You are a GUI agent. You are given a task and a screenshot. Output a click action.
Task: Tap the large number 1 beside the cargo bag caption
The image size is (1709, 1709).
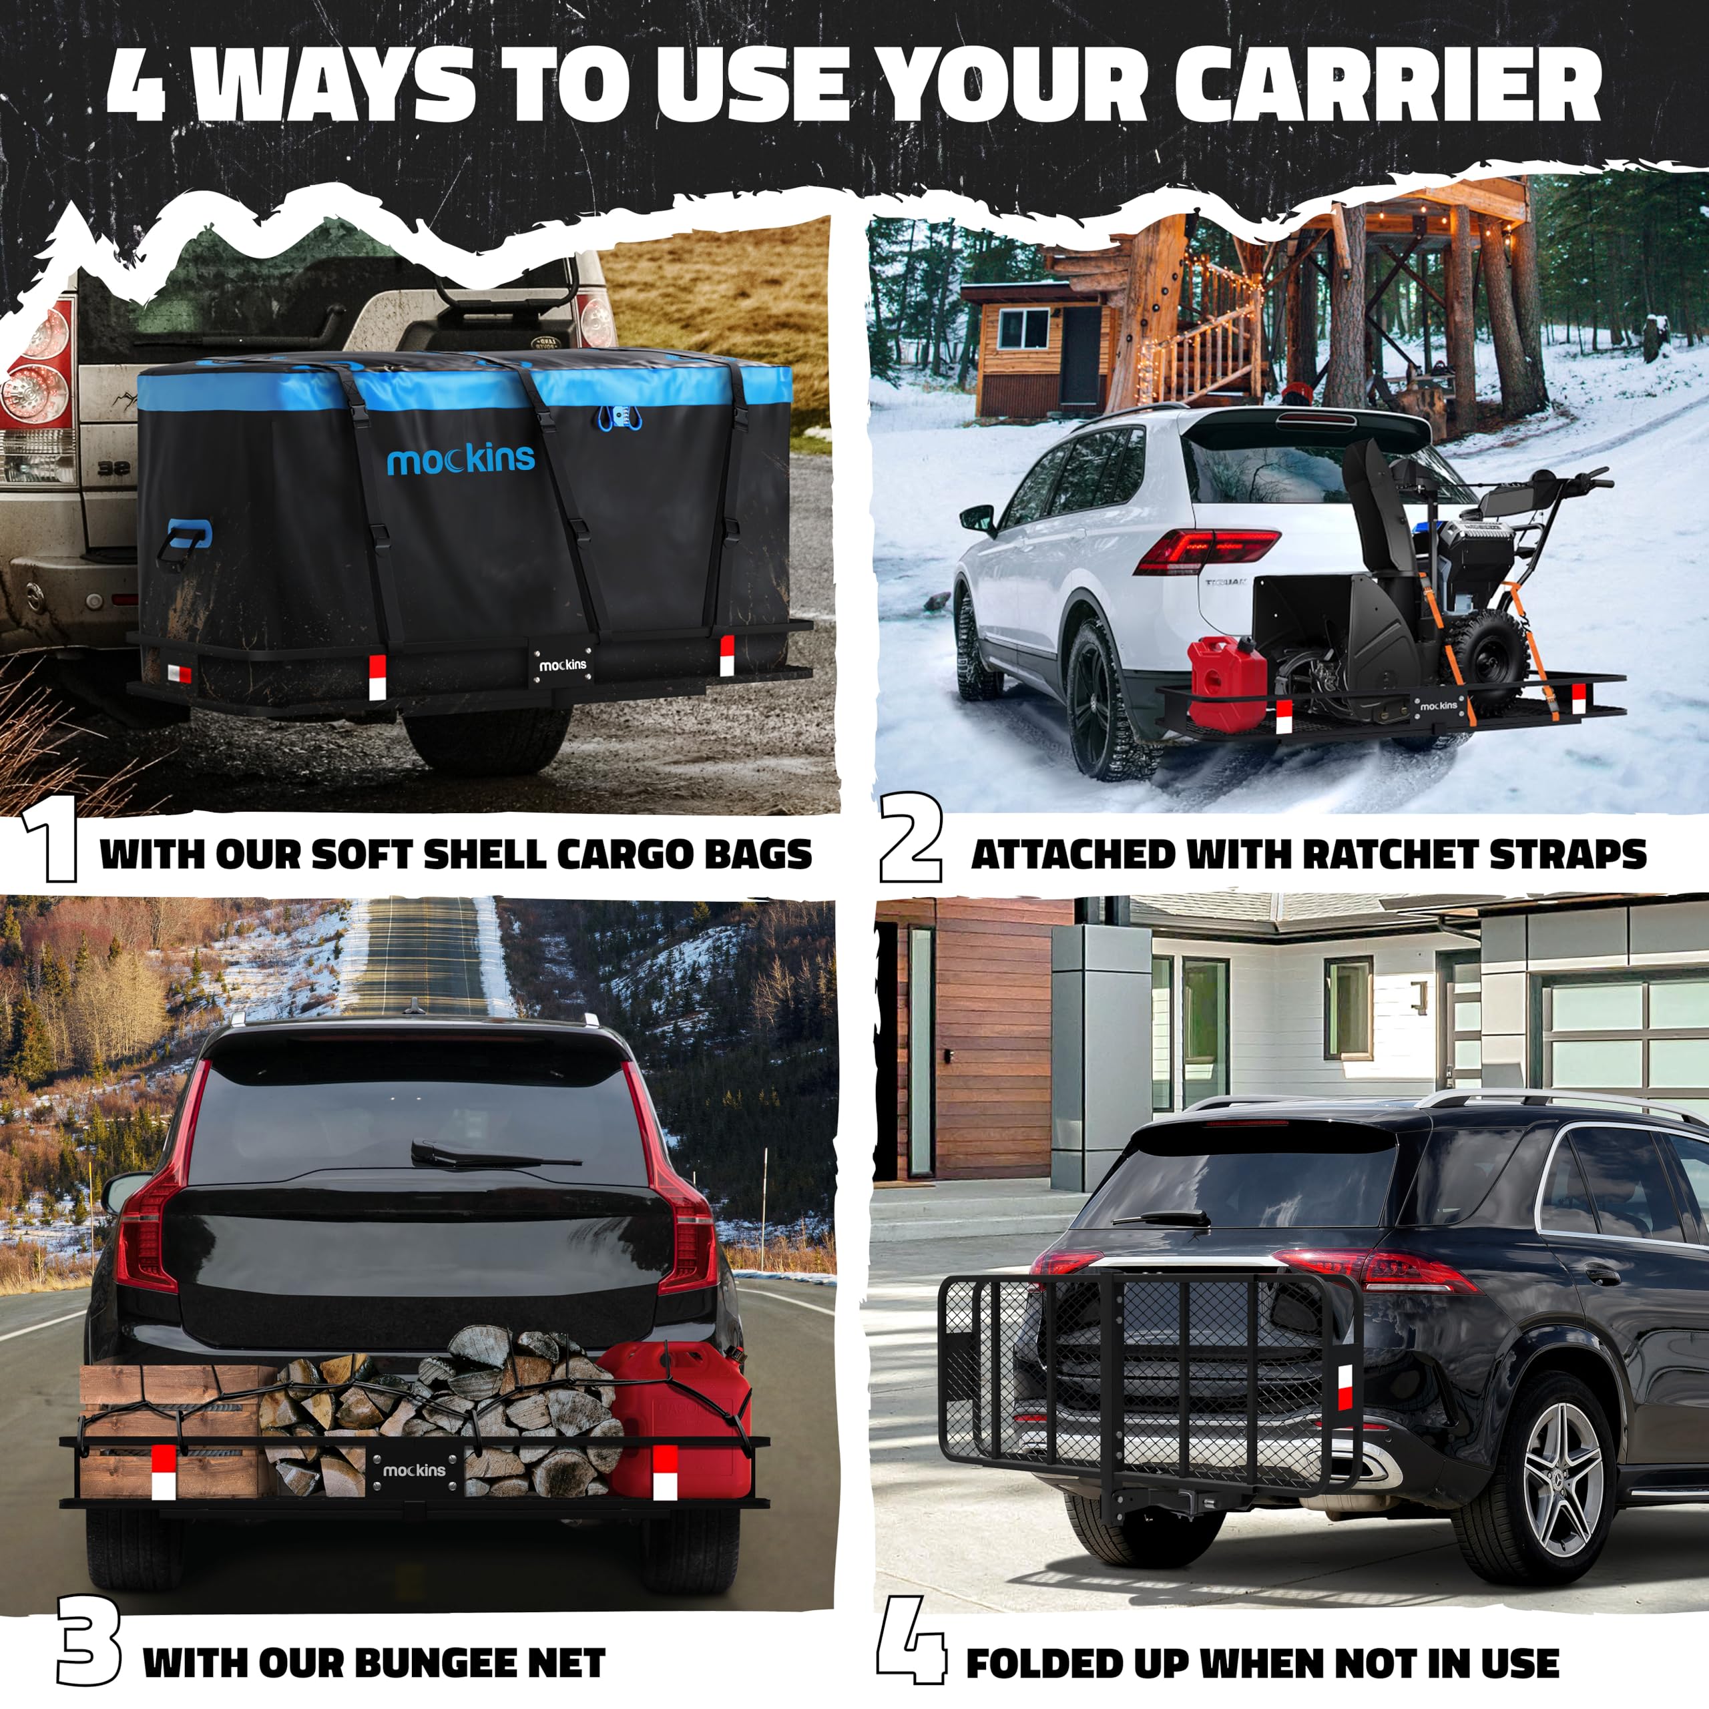[51, 843]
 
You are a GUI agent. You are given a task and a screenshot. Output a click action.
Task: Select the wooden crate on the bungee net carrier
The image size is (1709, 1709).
[168, 1431]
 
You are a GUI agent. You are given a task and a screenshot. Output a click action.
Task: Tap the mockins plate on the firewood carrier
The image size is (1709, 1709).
[414, 1469]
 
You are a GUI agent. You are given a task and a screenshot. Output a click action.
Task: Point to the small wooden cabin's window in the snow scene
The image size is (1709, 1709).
[1024, 328]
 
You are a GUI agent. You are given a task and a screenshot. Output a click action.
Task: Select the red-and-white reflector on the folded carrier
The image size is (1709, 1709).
[1345, 1388]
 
